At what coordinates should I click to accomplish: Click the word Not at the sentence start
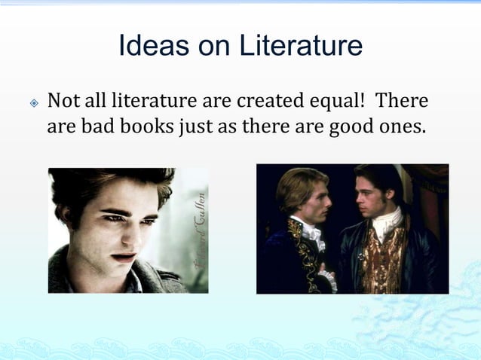pyautogui.click(x=63, y=100)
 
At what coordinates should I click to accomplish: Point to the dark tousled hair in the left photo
pyautogui.click(x=113, y=185)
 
